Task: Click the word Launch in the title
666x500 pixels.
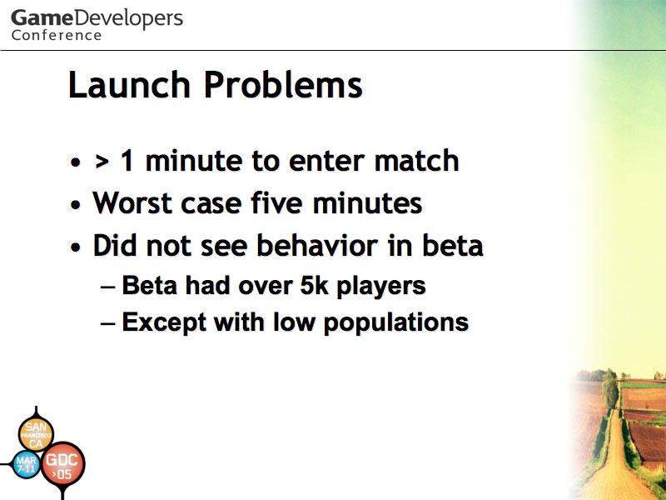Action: (129, 85)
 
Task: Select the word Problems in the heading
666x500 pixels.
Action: (283, 85)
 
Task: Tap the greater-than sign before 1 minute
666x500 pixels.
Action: (102, 162)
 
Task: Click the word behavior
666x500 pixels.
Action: (317, 245)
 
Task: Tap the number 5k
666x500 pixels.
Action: (315, 285)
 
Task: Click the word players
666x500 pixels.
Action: (381, 287)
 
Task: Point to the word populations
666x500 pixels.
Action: (396, 323)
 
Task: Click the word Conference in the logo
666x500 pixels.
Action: (57, 35)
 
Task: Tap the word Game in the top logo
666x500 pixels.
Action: (42, 18)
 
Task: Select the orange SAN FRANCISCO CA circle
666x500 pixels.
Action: (36, 434)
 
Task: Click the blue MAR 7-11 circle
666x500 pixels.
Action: (27, 464)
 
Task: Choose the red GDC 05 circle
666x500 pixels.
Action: (63, 464)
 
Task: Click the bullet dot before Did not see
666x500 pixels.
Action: (76, 247)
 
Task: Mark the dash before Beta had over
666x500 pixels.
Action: (108, 287)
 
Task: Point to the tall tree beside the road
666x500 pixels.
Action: (609, 389)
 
